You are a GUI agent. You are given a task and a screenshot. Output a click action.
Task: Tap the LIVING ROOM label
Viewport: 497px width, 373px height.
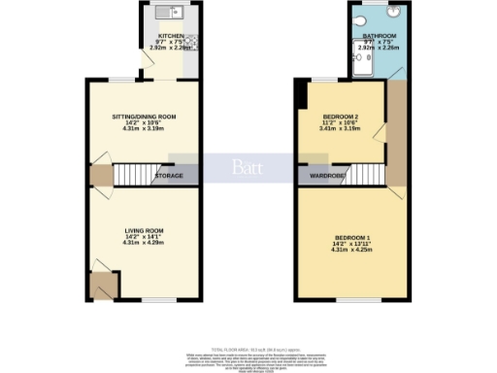tap(144, 230)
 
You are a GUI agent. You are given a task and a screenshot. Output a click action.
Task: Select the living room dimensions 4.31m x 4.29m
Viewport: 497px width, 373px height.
tap(144, 242)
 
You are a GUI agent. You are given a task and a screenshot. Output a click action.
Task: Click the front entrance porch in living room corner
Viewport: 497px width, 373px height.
tap(102, 285)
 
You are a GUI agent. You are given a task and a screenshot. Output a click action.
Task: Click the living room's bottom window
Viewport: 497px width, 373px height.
tap(144, 300)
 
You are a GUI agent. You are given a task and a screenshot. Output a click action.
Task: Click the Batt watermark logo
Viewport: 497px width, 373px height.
tap(246, 166)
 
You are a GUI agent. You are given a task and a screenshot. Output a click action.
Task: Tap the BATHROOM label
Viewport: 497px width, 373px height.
tap(378, 36)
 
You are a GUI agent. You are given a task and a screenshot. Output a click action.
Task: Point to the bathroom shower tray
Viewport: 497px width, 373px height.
tap(361, 60)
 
